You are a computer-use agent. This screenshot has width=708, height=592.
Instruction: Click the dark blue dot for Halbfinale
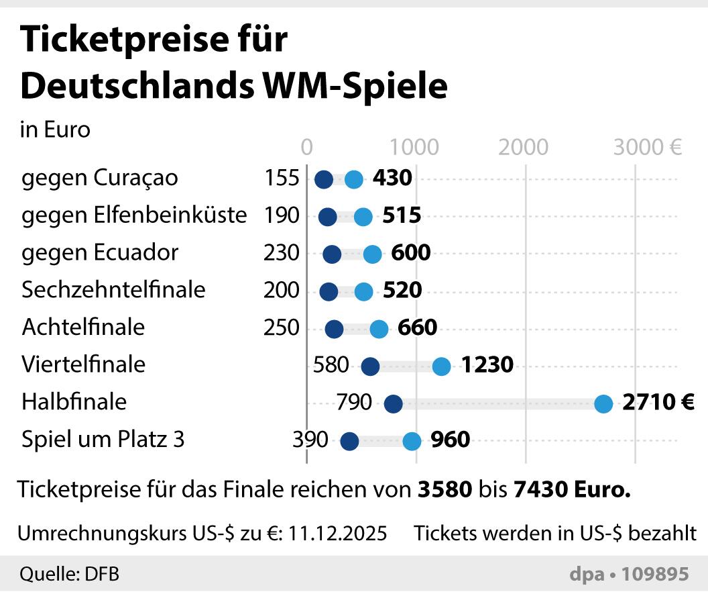click(x=393, y=404)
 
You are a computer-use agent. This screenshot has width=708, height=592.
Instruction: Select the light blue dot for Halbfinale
click(x=603, y=404)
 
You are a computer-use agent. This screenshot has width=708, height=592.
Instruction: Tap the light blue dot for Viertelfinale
click(x=441, y=366)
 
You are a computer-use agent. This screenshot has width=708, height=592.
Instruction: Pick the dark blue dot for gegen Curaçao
click(x=324, y=180)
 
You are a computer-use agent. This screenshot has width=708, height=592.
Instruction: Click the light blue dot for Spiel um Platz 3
click(x=412, y=442)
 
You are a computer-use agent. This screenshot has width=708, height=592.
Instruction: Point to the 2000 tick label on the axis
click(x=524, y=147)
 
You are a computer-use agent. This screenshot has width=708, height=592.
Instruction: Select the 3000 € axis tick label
click(x=648, y=147)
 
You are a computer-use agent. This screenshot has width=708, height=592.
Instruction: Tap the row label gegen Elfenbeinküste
click(x=134, y=215)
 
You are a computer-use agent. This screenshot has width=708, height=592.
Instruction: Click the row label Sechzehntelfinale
click(x=113, y=290)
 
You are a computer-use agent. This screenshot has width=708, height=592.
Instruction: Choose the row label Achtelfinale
click(x=83, y=328)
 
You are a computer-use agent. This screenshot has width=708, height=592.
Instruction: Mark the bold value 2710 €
click(x=658, y=403)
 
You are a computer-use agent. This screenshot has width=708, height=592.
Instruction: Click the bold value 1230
click(x=487, y=365)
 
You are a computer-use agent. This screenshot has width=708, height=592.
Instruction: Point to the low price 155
click(x=282, y=179)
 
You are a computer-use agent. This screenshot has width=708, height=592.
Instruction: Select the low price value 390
click(x=310, y=440)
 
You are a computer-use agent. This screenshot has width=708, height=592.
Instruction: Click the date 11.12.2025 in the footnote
click(x=338, y=534)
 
